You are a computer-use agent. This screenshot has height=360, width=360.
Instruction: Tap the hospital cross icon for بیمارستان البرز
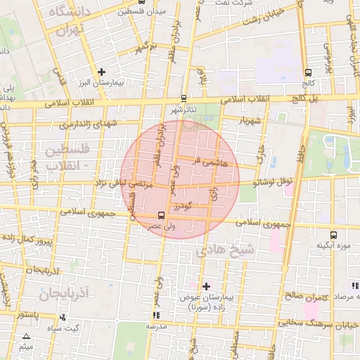pyautogui.click(x=102, y=72)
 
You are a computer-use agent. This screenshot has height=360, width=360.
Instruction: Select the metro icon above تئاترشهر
pyautogui.click(x=184, y=98)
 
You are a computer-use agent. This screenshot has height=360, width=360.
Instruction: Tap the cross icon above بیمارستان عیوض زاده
pyautogui.click(x=206, y=286)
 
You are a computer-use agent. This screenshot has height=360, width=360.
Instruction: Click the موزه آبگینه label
pyautogui.click(x=333, y=245)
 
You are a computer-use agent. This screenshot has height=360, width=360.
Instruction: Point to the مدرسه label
pyautogui.click(x=155, y=326)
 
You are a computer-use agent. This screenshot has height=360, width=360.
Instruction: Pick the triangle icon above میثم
pyautogui.click(x=27, y=337)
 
